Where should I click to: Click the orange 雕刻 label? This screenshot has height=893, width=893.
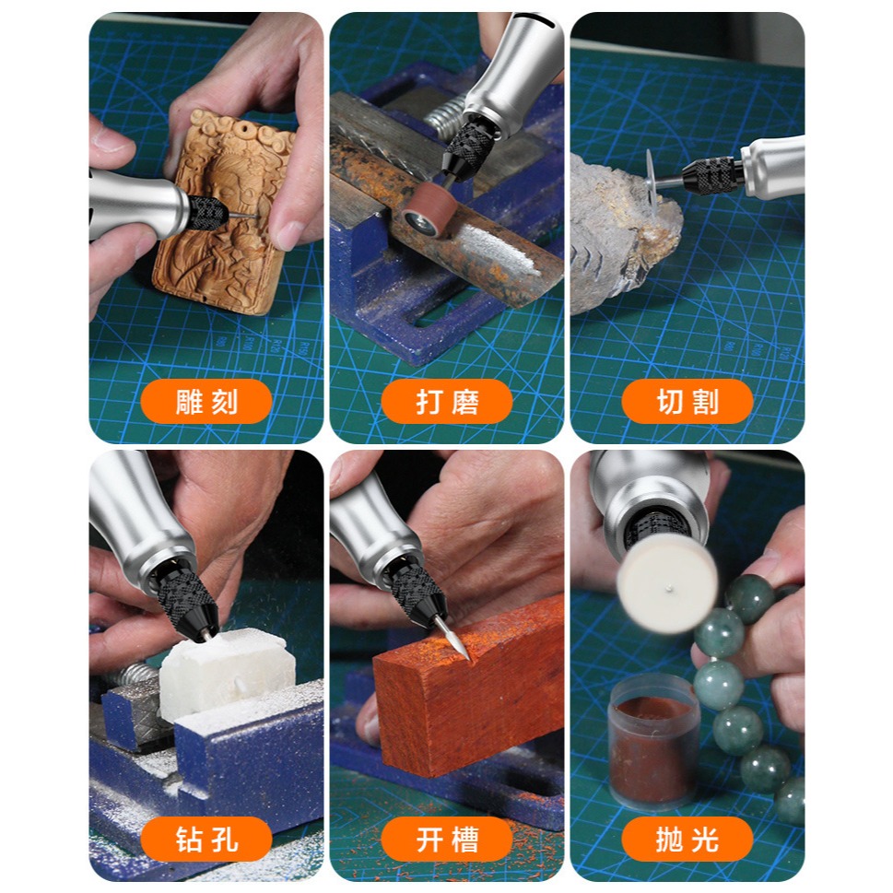[206, 402]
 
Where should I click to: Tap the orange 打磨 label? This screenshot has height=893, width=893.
[447, 402]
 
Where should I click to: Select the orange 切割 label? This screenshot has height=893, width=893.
[687, 402]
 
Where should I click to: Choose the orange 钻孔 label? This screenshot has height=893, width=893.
[206, 839]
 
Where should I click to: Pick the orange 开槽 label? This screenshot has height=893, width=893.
[447, 839]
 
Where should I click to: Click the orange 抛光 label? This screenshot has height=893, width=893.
[687, 839]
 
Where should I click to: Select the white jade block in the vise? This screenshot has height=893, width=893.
[226, 673]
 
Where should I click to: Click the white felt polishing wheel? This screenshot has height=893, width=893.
[667, 582]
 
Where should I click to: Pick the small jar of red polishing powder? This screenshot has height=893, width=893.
[655, 742]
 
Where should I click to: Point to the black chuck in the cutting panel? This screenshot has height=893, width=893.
[713, 173]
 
